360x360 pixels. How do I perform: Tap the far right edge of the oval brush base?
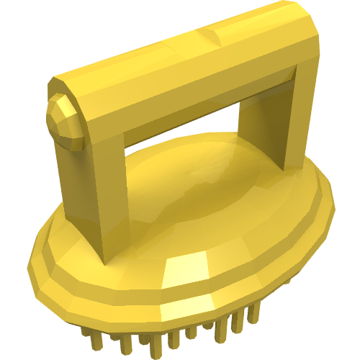pyautogui.click(x=333, y=209)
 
